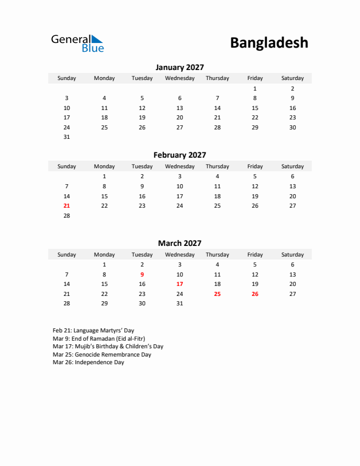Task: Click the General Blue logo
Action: point(77,43)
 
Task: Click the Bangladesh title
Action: point(269,43)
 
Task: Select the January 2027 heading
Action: point(179,67)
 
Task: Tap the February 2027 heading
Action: point(179,155)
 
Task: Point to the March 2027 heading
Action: point(179,243)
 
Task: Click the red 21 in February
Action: point(66,205)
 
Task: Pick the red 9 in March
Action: point(142,274)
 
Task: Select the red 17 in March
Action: point(179,284)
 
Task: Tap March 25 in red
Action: point(217,294)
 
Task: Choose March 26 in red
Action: point(255,294)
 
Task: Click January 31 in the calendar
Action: point(66,137)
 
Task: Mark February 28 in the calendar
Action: point(66,215)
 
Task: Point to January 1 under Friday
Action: point(255,88)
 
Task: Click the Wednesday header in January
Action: point(179,78)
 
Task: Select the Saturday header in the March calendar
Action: point(292,255)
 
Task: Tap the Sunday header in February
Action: point(66,167)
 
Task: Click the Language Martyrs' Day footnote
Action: point(93,331)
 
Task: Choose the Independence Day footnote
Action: point(88,362)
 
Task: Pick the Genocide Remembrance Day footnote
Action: point(102,355)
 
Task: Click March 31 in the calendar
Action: point(179,304)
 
